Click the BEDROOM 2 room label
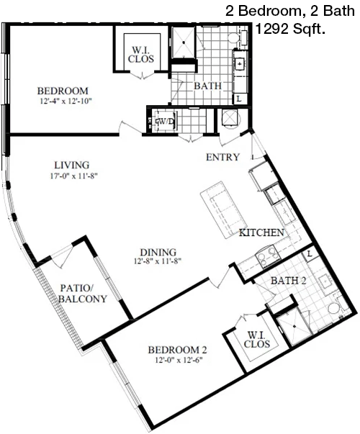coord(177,350)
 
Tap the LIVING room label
coord(72,165)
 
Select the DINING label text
coord(158,252)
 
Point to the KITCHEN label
coord(261,232)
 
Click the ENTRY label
coord(222,157)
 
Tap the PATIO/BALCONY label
coord(83,294)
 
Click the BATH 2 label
coord(288,281)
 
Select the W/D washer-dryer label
coord(166,121)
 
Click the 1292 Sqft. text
coord(290,29)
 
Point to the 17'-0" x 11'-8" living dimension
coord(74,176)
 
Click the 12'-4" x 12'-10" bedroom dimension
coord(66,101)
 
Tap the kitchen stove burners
coord(268,257)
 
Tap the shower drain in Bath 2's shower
coord(294,326)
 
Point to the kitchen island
coord(224,209)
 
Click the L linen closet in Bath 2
coord(310,253)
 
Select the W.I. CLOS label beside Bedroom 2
coord(257,339)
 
